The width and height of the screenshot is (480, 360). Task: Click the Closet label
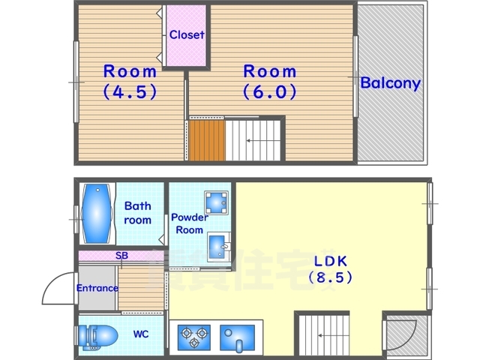coord(187,34)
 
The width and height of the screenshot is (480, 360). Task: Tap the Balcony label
coord(390,83)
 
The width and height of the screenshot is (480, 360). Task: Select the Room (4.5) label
coord(130,82)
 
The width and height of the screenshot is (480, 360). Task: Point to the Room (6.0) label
coord(270,82)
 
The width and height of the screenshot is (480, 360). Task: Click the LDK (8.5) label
coord(331,269)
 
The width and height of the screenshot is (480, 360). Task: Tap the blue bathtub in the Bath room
coord(97,213)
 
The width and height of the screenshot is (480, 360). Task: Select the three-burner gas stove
coord(194,337)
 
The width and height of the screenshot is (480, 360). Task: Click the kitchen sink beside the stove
coord(237,337)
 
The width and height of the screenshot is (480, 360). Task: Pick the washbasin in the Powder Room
coord(218,247)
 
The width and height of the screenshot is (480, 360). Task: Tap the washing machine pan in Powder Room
coord(217,202)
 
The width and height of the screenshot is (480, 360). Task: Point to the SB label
coord(121,255)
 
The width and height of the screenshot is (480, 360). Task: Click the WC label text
coord(141,334)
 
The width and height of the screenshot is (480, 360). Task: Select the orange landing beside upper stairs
coord(207,140)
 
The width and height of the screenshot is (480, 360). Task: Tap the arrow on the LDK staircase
coord(333,335)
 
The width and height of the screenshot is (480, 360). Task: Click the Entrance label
coord(97,288)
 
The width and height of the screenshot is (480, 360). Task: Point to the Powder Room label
coord(190,223)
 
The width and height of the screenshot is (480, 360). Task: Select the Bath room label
coord(138,213)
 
